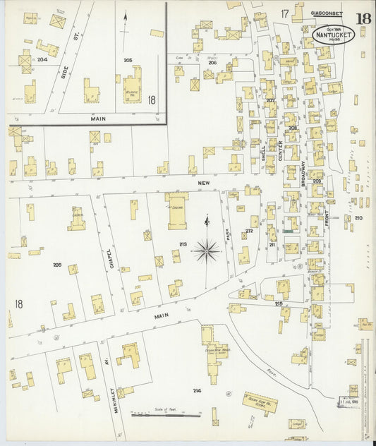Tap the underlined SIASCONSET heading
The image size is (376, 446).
(x=326, y=13)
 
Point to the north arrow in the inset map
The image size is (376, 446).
(x=126, y=22)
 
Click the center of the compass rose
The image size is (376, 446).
(x=206, y=247)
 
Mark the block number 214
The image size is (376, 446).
(x=197, y=390)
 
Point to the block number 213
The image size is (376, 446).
(x=183, y=244)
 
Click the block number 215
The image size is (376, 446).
(x=279, y=303)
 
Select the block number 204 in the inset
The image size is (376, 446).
(x=42, y=60)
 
